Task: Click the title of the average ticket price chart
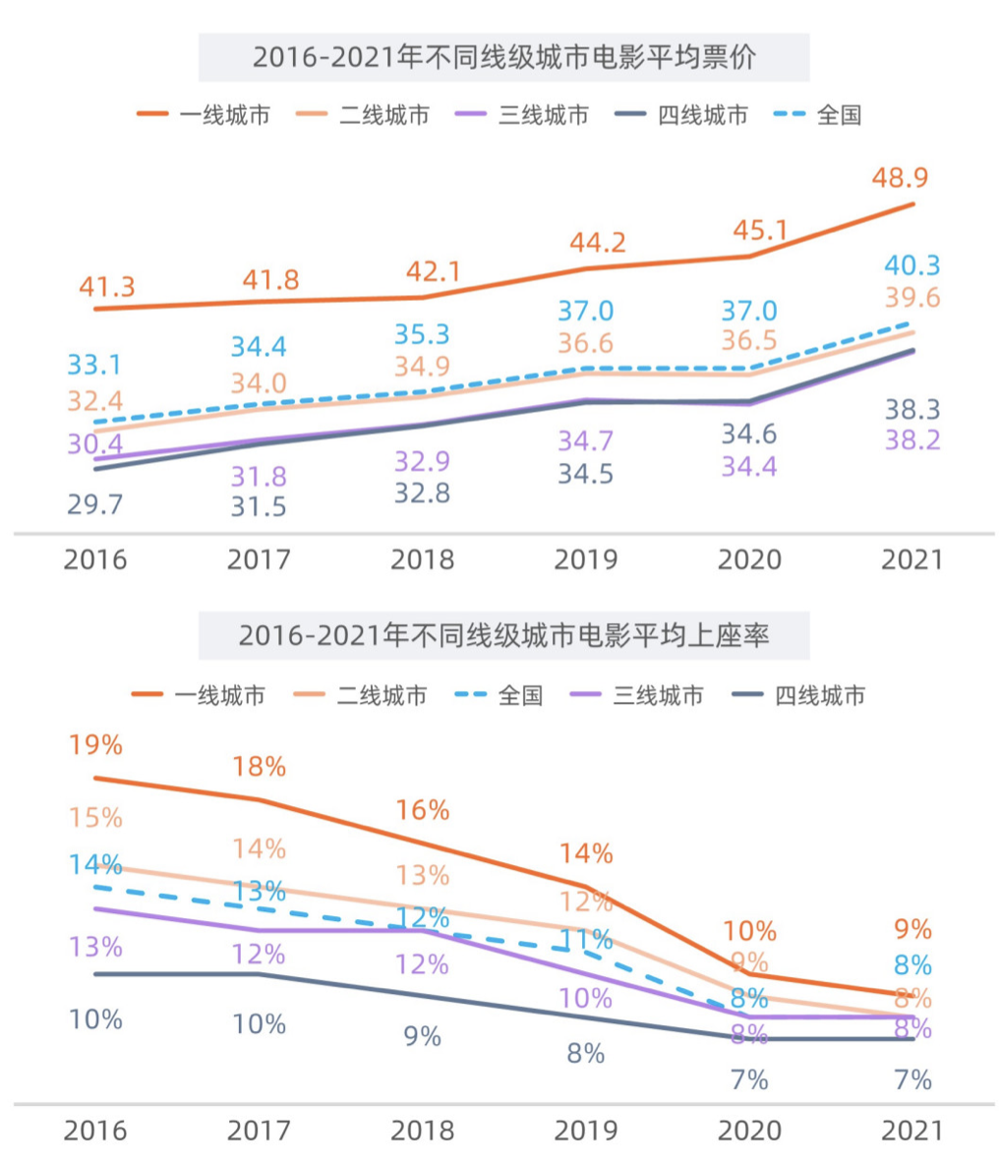click(x=503, y=57)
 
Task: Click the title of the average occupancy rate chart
click(x=503, y=636)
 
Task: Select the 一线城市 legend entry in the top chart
click(x=203, y=115)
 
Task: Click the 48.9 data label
click(x=900, y=178)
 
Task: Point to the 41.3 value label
click(x=107, y=287)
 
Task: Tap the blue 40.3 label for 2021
click(x=911, y=265)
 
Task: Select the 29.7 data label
click(x=96, y=505)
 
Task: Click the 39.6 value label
click(x=911, y=298)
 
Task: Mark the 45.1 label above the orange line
click(x=759, y=230)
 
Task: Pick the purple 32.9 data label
click(x=422, y=460)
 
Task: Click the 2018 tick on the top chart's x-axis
click(x=422, y=559)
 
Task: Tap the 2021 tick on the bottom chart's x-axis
click(x=911, y=1131)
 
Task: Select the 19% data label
click(x=95, y=745)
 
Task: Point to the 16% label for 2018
click(x=422, y=810)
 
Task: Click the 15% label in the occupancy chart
click(x=95, y=817)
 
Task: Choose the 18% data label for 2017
click(x=260, y=767)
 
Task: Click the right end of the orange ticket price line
click(x=913, y=204)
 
